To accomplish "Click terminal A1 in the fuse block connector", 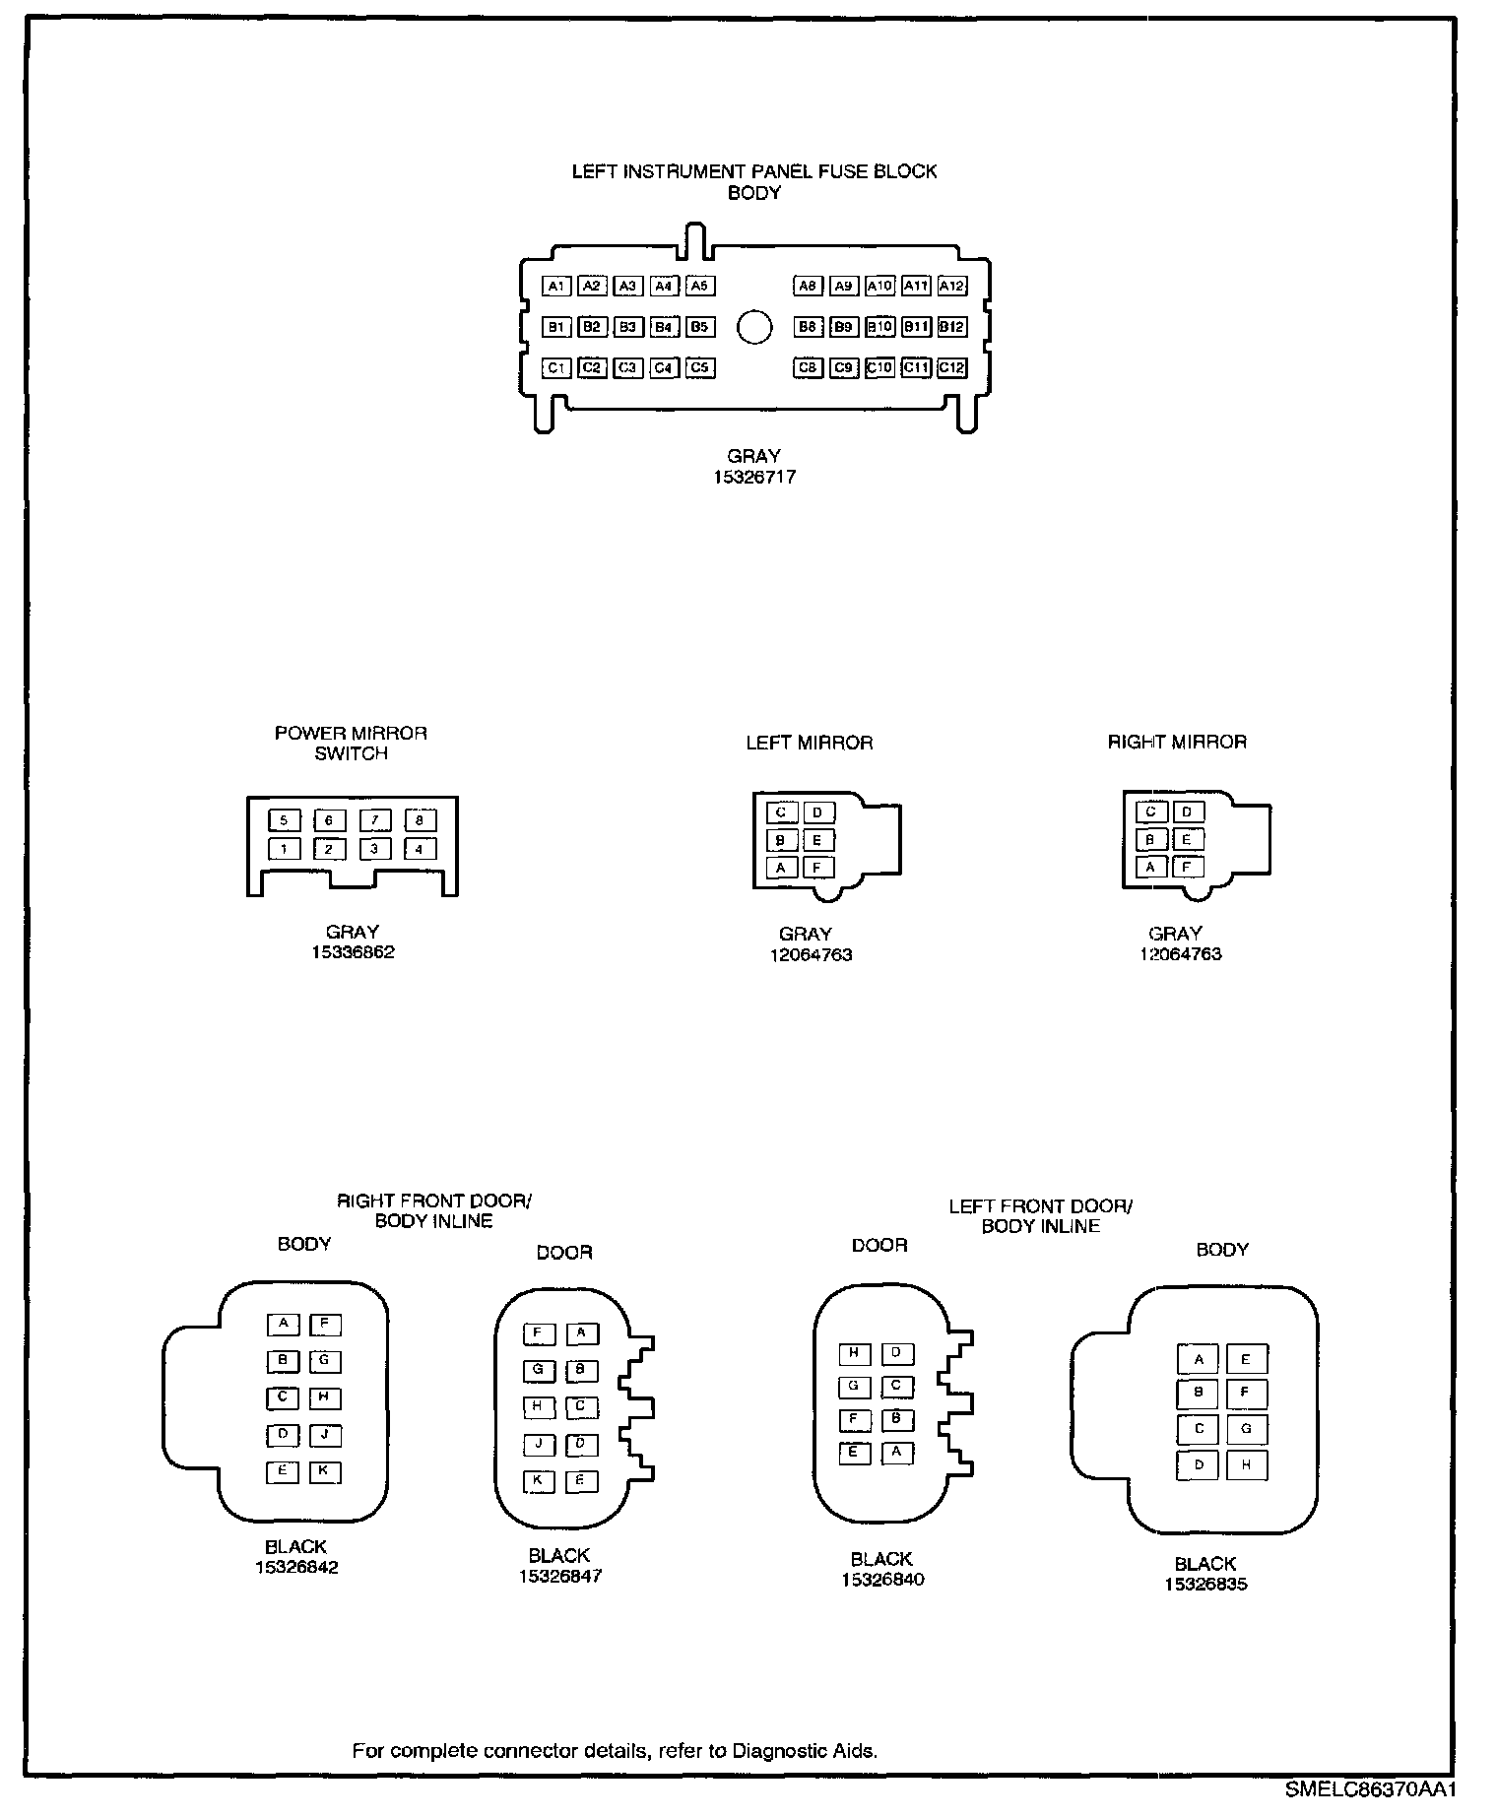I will (x=556, y=286).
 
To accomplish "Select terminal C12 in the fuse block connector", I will (x=951, y=367).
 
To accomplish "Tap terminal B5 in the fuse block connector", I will (x=699, y=326).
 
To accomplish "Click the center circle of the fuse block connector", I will (x=754, y=327).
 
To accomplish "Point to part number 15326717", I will (x=754, y=478).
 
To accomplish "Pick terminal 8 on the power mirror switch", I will (x=421, y=820).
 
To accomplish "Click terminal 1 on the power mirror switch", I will (x=285, y=849).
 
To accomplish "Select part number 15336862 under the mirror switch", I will (x=353, y=952).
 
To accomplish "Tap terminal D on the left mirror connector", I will (x=817, y=812).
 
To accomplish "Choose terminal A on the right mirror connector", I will (x=1150, y=868).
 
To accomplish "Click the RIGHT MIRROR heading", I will (x=1177, y=743).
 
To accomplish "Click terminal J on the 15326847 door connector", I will (x=539, y=1445).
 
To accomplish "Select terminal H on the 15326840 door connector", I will (x=854, y=1353).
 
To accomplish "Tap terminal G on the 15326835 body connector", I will (x=1246, y=1429).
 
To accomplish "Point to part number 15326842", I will (x=296, y=1568).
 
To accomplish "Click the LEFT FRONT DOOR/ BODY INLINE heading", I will (x=1041, y=1216).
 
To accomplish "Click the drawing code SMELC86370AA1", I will (x=1370, y=1788).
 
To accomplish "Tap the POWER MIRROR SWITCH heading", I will (x=351, y=744).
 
